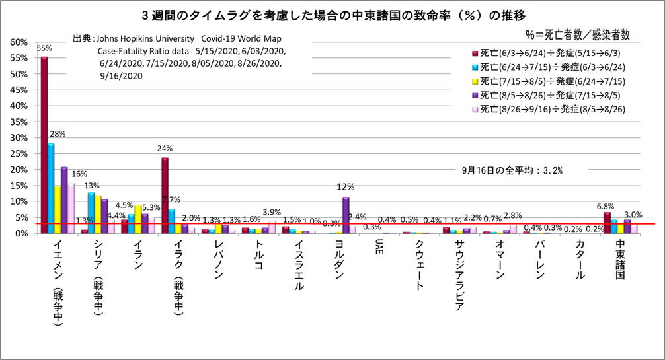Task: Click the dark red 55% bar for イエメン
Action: (x=44, y=145)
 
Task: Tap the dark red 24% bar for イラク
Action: (x=165, y=195)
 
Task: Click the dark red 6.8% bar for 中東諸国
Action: (x=607, y=223)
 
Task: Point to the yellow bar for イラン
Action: (x=137, y=219)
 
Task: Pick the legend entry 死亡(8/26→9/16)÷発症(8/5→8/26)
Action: (x=554, y=108)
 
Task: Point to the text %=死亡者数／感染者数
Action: (x=576, y=32)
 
